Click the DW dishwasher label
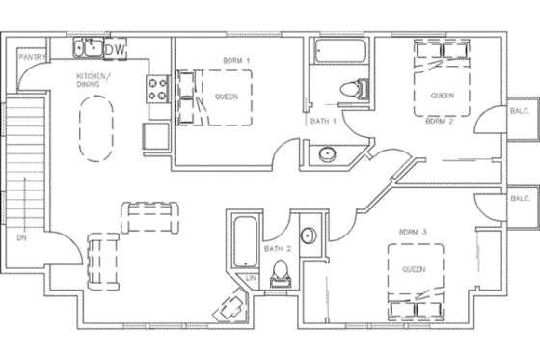click(115, 49)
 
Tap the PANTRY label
click(35, 58)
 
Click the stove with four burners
click(157, 90)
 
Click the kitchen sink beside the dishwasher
click(88, 47)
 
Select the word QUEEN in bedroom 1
click(227, 97)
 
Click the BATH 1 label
click(321, 121)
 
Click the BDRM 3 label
click(413, 232)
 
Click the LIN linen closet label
click(252, 278)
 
